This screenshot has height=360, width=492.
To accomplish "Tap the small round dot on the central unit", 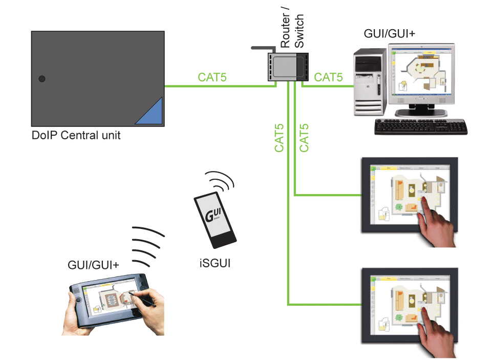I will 42,79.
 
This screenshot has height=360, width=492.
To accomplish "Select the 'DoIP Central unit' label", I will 76,136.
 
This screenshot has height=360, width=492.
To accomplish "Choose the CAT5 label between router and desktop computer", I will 328,77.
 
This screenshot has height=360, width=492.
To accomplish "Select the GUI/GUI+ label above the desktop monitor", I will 390,33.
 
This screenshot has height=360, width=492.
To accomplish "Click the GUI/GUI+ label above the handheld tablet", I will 93,265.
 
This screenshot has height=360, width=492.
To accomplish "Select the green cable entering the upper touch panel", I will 328,195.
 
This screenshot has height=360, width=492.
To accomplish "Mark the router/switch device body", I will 287,66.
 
